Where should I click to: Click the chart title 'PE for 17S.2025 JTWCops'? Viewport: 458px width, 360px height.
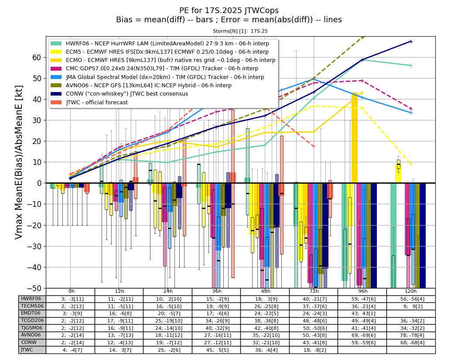click(x=229, y=10)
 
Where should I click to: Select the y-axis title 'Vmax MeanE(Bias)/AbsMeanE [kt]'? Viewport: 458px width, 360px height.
click(x=18, y=162)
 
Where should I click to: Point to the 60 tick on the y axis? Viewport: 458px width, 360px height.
click(x=37, y=58)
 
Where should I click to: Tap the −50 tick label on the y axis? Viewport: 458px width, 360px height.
click(x=34, y=288)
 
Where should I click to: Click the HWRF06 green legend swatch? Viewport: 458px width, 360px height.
click(x=56, y=44)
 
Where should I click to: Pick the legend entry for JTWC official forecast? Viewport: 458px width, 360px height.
click(x=89, y=102)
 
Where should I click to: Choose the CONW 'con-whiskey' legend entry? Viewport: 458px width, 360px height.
click(x=120, y=94)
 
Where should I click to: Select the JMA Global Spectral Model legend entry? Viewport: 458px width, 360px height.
click(x=157, y=77)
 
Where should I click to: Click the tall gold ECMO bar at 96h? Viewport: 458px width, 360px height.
click(x=355, y=137)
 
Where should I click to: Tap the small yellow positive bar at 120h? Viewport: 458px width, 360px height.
click(x=398, y=174)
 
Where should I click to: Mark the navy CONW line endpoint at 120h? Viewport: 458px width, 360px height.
click(x=411, y=41)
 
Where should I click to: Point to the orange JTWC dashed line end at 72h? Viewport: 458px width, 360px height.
click(x=314, y=146)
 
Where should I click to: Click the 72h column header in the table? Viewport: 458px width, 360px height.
click(x=314, y=291)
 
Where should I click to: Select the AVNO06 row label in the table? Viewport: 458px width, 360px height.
click(x=31, y=335)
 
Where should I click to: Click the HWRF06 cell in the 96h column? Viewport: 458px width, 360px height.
click(x=362, y=299)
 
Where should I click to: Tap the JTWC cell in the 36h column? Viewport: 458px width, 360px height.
click(x=217, y=350)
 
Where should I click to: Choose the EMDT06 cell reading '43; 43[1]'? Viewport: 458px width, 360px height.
click(x=362, y=313)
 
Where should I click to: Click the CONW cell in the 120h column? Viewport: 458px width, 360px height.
click(x=411, y=343)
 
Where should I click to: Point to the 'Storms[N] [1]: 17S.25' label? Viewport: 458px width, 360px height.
click(x=240, y=31)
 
